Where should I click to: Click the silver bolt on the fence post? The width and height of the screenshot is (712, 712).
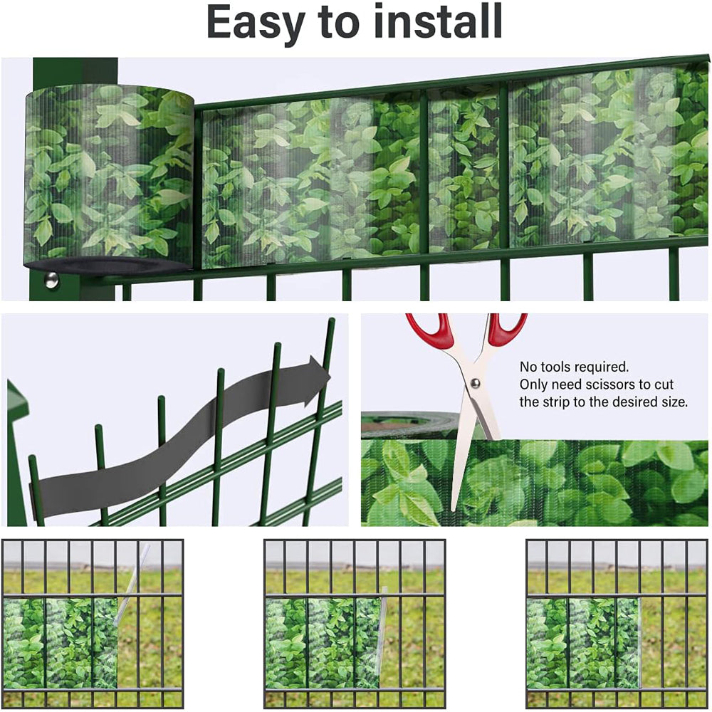tap(51, 280)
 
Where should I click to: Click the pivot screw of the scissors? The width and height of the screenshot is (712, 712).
tap(475, 384)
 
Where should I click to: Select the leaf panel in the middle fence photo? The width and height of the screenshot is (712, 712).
tap(323, 643)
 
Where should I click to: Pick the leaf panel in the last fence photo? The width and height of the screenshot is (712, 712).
tap(583, 643)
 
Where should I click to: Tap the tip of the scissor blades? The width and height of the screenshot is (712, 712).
tap(453, 510)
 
